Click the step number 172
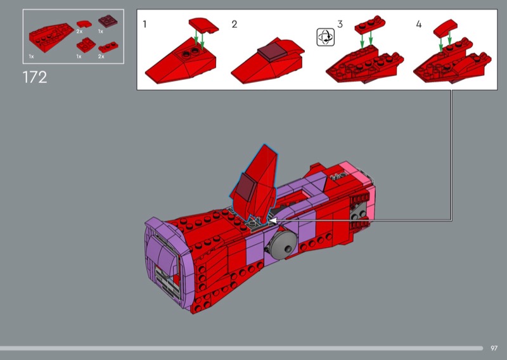[x=35, y=77]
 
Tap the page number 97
[x=494, y=348]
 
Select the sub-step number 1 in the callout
[x=144, y=24]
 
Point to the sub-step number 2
[x=234, y=24]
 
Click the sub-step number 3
[x=340, y=24]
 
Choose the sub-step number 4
[x=419, y=24]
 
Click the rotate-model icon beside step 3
[x=326, y=37]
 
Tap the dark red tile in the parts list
[x=108, y=22]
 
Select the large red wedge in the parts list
[x=51, y=37]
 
